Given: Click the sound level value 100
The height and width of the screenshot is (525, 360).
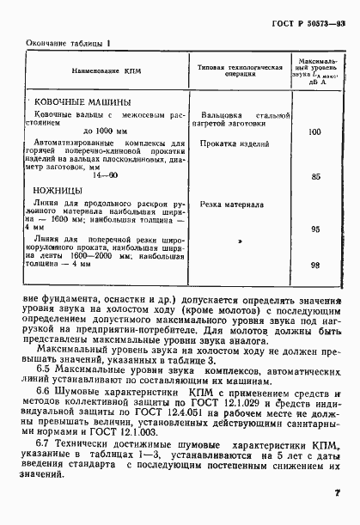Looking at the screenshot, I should click(314, 131).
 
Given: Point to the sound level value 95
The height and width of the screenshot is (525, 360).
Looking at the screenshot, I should click(315, 229).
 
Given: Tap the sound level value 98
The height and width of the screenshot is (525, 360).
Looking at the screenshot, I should click(315, 266).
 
